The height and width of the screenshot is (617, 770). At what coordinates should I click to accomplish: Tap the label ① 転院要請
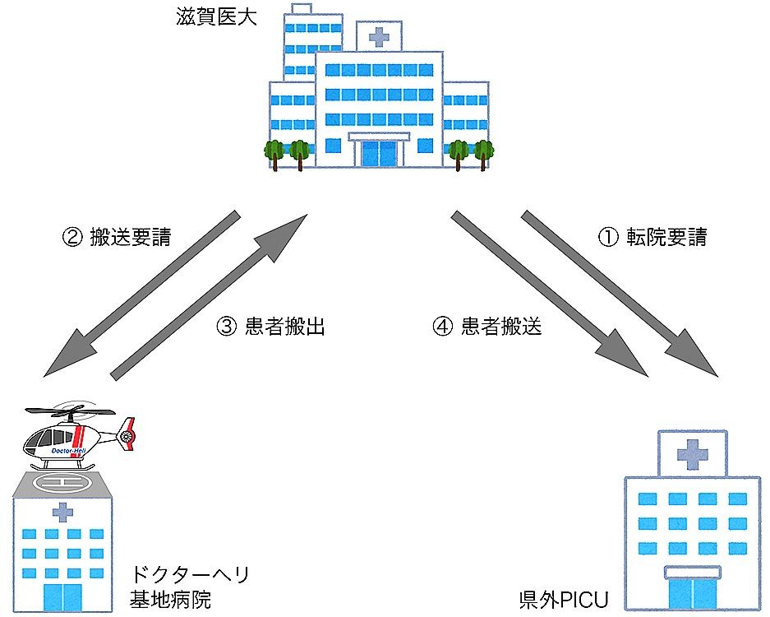(x=651, y=238)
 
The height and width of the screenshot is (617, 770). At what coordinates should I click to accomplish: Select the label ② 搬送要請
(x=117, y=238)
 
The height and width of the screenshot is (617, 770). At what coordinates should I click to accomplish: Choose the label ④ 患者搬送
(x=487, y=326)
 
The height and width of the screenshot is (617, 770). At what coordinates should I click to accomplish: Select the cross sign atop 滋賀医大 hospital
(x=379, y=36)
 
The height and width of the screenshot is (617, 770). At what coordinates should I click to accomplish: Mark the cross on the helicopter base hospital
(x=62, y=513)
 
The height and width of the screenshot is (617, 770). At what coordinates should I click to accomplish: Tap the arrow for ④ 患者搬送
(x=547, y=293)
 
